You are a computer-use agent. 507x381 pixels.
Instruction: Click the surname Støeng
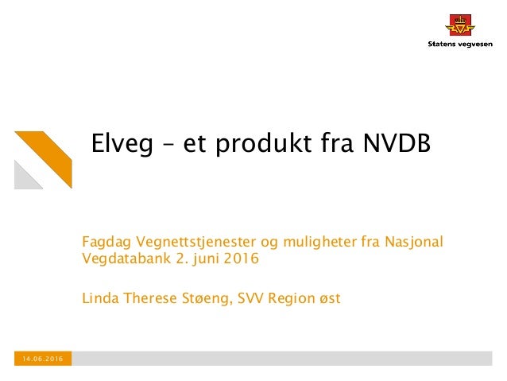pos(201,299)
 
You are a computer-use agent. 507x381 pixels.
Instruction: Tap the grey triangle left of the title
pos(27,175)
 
